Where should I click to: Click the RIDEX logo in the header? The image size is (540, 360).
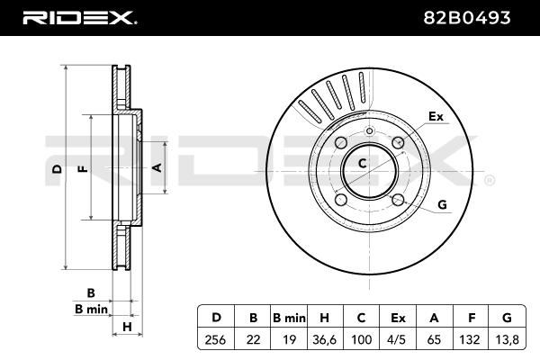tap(79, 17)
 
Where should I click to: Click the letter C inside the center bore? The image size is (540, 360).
tap(362, 164)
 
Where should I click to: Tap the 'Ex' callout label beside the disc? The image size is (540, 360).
tap(436, 116)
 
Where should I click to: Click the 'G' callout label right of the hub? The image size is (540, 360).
tap(442, 204)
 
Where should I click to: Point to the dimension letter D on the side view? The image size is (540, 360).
tap(56, 169)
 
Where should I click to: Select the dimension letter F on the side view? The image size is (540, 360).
tap(81, 169)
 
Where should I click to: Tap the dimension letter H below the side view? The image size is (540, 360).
tap(127, 325)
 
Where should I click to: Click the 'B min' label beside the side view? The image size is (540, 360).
tap(90, 309)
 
